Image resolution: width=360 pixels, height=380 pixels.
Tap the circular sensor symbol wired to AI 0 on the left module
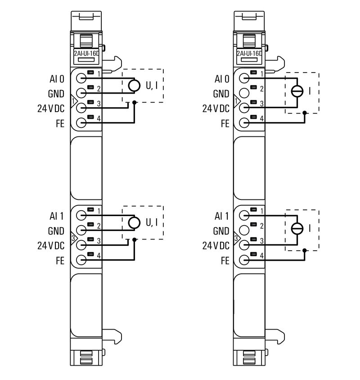click(134, 85)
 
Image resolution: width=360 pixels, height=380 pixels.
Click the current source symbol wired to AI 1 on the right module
click(297, 229)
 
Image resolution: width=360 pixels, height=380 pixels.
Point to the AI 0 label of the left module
click(57, 79)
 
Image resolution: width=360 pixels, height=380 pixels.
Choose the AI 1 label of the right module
click(222, 216)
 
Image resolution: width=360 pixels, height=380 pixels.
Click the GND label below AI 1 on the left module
click(56, 231)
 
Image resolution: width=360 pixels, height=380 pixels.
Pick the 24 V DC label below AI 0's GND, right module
click(216, 109)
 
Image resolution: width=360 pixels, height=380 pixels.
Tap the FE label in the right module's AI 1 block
click(225, 261)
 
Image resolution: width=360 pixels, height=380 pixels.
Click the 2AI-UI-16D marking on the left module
click(86, 53)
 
